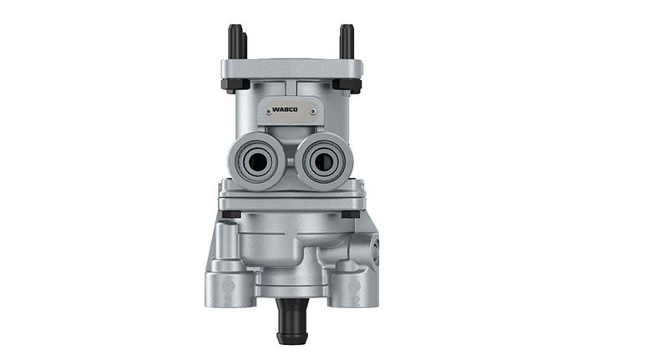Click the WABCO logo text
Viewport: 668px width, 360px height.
[285, 109]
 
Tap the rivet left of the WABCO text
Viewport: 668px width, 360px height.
[268, 112]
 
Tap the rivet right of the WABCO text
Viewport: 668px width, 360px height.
[313, 112]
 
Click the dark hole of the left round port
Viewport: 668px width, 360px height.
[257, 161]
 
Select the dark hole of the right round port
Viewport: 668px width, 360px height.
[324, 161]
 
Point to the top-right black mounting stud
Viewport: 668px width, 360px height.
[347, 42]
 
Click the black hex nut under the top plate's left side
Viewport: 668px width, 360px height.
[235, 84]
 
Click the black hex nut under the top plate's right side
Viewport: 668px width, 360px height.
[347, 84]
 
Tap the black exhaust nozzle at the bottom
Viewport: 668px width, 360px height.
[292, 321]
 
